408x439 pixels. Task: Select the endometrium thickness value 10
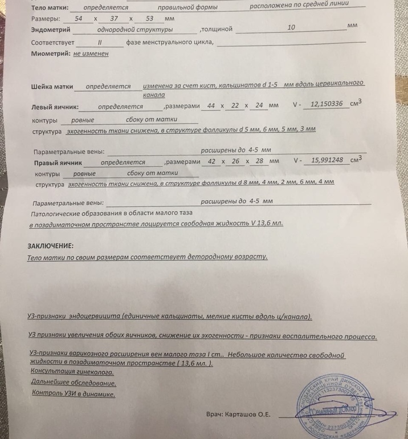[291, 27]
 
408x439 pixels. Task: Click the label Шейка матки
[52, 87]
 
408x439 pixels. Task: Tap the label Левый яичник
[55, 107]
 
